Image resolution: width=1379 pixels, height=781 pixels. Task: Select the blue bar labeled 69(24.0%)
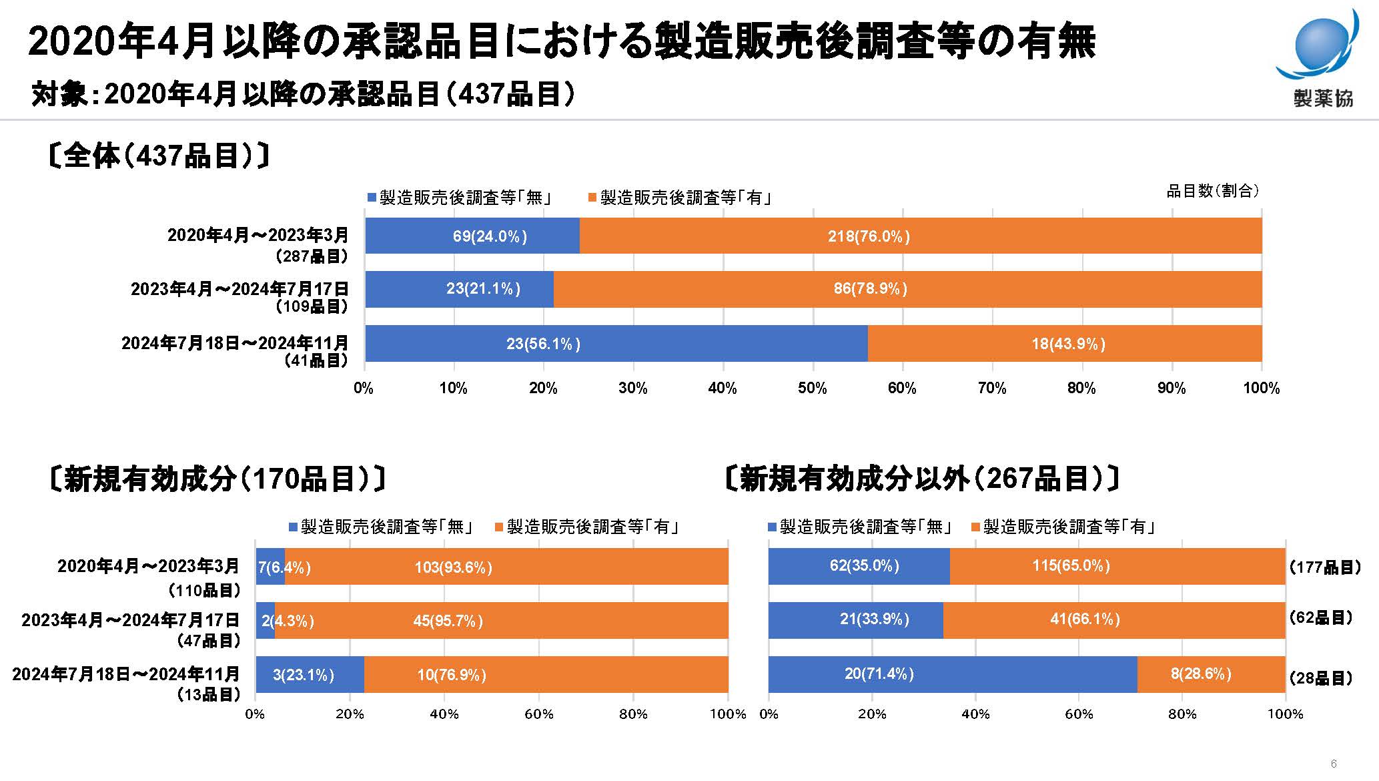[472, 236]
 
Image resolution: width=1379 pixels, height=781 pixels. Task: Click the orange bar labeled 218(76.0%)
[921, 236]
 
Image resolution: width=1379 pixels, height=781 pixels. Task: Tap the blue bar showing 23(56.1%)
[616, 344]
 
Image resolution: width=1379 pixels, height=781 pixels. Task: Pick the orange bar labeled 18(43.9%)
[1065, 344]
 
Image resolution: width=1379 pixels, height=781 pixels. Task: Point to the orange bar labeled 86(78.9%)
[907, 289]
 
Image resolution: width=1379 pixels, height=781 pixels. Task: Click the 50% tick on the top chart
[812, 388]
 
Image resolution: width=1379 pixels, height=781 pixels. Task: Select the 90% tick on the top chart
[1172, 388]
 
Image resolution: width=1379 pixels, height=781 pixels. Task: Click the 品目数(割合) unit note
[1212, 192]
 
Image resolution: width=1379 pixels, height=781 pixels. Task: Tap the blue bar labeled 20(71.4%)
[952, 674]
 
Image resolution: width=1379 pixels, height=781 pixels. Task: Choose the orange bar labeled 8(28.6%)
[1211, 674]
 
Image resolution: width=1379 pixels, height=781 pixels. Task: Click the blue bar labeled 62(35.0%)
[859, 566]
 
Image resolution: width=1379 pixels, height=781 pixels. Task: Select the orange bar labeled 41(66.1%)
[1114, 620]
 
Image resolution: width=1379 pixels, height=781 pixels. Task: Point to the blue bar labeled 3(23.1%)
[310, 675]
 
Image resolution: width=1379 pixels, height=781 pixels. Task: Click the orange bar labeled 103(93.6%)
[506, 567]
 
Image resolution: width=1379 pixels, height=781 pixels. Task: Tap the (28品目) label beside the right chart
[1320, 679]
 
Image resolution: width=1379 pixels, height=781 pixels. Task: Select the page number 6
[1333, 764]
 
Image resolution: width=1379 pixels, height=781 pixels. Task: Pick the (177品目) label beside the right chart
[1324, 567]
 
